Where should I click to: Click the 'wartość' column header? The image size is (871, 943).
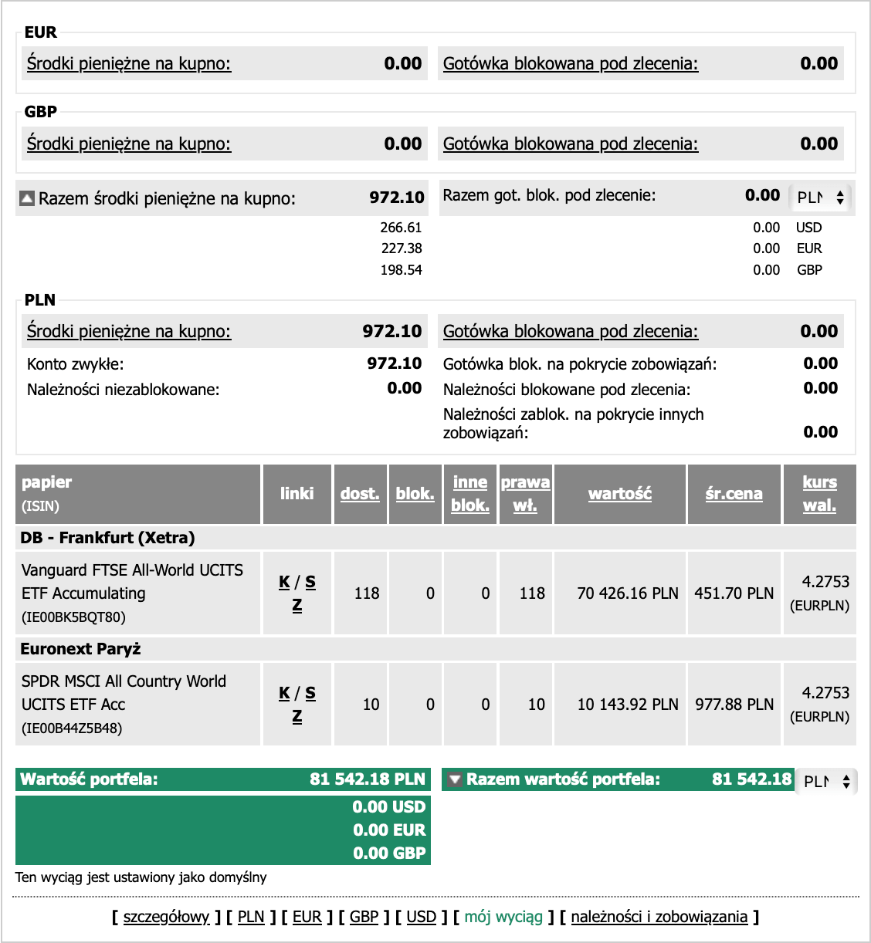pyautogui.click(x=619, y=494)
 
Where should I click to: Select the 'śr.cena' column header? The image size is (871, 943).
pyautogui.click(x=734, y=494)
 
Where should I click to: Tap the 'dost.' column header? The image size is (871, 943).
pyautogui.click(x=360, y=494)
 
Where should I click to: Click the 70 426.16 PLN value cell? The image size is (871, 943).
pyautogui.click(x=628, y=593)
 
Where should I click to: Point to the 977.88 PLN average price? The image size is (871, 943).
pyautogui.click(x=734, y=705)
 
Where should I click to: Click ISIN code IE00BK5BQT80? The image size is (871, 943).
pyautogui.click(x=73, y=617)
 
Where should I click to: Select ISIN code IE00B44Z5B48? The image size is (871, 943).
pyautogui.click(x=72, y=728)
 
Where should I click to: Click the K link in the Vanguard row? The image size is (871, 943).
pyautogui.click(x=284, y=583)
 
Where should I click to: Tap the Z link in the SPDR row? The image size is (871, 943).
pyautogui.click(x=297, y=717)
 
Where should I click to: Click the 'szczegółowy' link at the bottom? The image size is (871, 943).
pyautogui.click(x=166, y=917)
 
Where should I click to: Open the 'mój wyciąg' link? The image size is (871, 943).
pyautogui.click(x=503, y=917)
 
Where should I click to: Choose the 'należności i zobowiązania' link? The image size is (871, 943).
pyautogui.click(x=659, y=917)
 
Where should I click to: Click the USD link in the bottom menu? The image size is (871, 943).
pyautogui.click(x=421, y=917)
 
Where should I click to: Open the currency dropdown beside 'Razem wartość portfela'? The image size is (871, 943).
pyautogui.click(x=826, y=782)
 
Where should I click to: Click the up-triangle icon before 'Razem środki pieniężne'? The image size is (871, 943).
pyautogui.click(x=27, y=199)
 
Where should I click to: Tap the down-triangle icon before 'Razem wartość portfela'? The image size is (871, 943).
pyautogui.click(x=455, y=779)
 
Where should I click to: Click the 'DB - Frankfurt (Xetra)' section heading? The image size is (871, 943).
pyautogui.click(x=107, y=538)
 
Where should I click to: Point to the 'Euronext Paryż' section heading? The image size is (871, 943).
pyautogui.click(x=80, y=649)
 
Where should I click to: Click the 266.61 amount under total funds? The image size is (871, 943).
pyautogui.click(x=401, y=228)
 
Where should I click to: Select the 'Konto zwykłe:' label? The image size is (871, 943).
pyautogui.click(x=76, y=364)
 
